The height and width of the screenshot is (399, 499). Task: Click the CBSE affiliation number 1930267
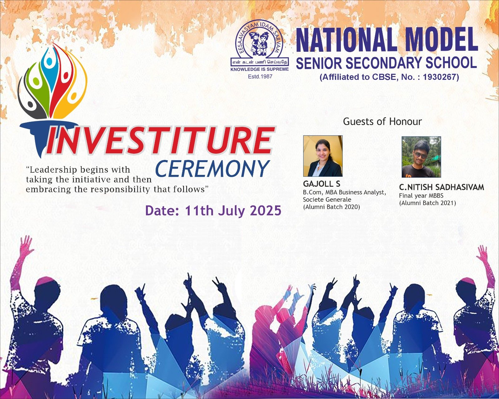click(441, 77)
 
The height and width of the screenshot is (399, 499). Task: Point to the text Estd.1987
click(260, 76)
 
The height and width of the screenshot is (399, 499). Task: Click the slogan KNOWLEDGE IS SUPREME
click(259, 69)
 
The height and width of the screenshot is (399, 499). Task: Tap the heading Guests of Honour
click(382, 121)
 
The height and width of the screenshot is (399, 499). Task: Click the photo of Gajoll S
click(323, 156)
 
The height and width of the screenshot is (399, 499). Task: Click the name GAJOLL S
click(322, 184)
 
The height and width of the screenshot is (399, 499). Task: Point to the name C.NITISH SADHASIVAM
click(441, 187)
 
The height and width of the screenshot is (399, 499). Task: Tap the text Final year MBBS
click(421, 196)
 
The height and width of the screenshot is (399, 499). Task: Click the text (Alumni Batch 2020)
click(332, 207)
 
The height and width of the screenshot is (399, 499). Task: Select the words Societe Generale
click(327, 199)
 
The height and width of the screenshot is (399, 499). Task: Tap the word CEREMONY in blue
click(212, 169)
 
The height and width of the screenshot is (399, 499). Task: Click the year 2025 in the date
click(265, 211)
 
